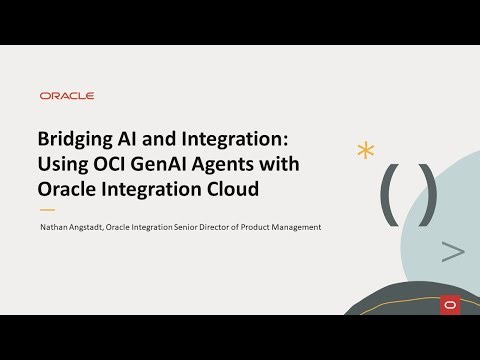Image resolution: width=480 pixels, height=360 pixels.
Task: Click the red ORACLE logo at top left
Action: click(67, 96)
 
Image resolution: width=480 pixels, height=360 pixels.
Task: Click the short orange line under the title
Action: click(46, 210)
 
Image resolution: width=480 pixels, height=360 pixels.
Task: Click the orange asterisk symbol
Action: click(365, 151)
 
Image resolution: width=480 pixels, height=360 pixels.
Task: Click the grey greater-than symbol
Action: click(452, 252)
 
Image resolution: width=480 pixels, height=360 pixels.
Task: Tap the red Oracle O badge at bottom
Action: click(448, 304)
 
